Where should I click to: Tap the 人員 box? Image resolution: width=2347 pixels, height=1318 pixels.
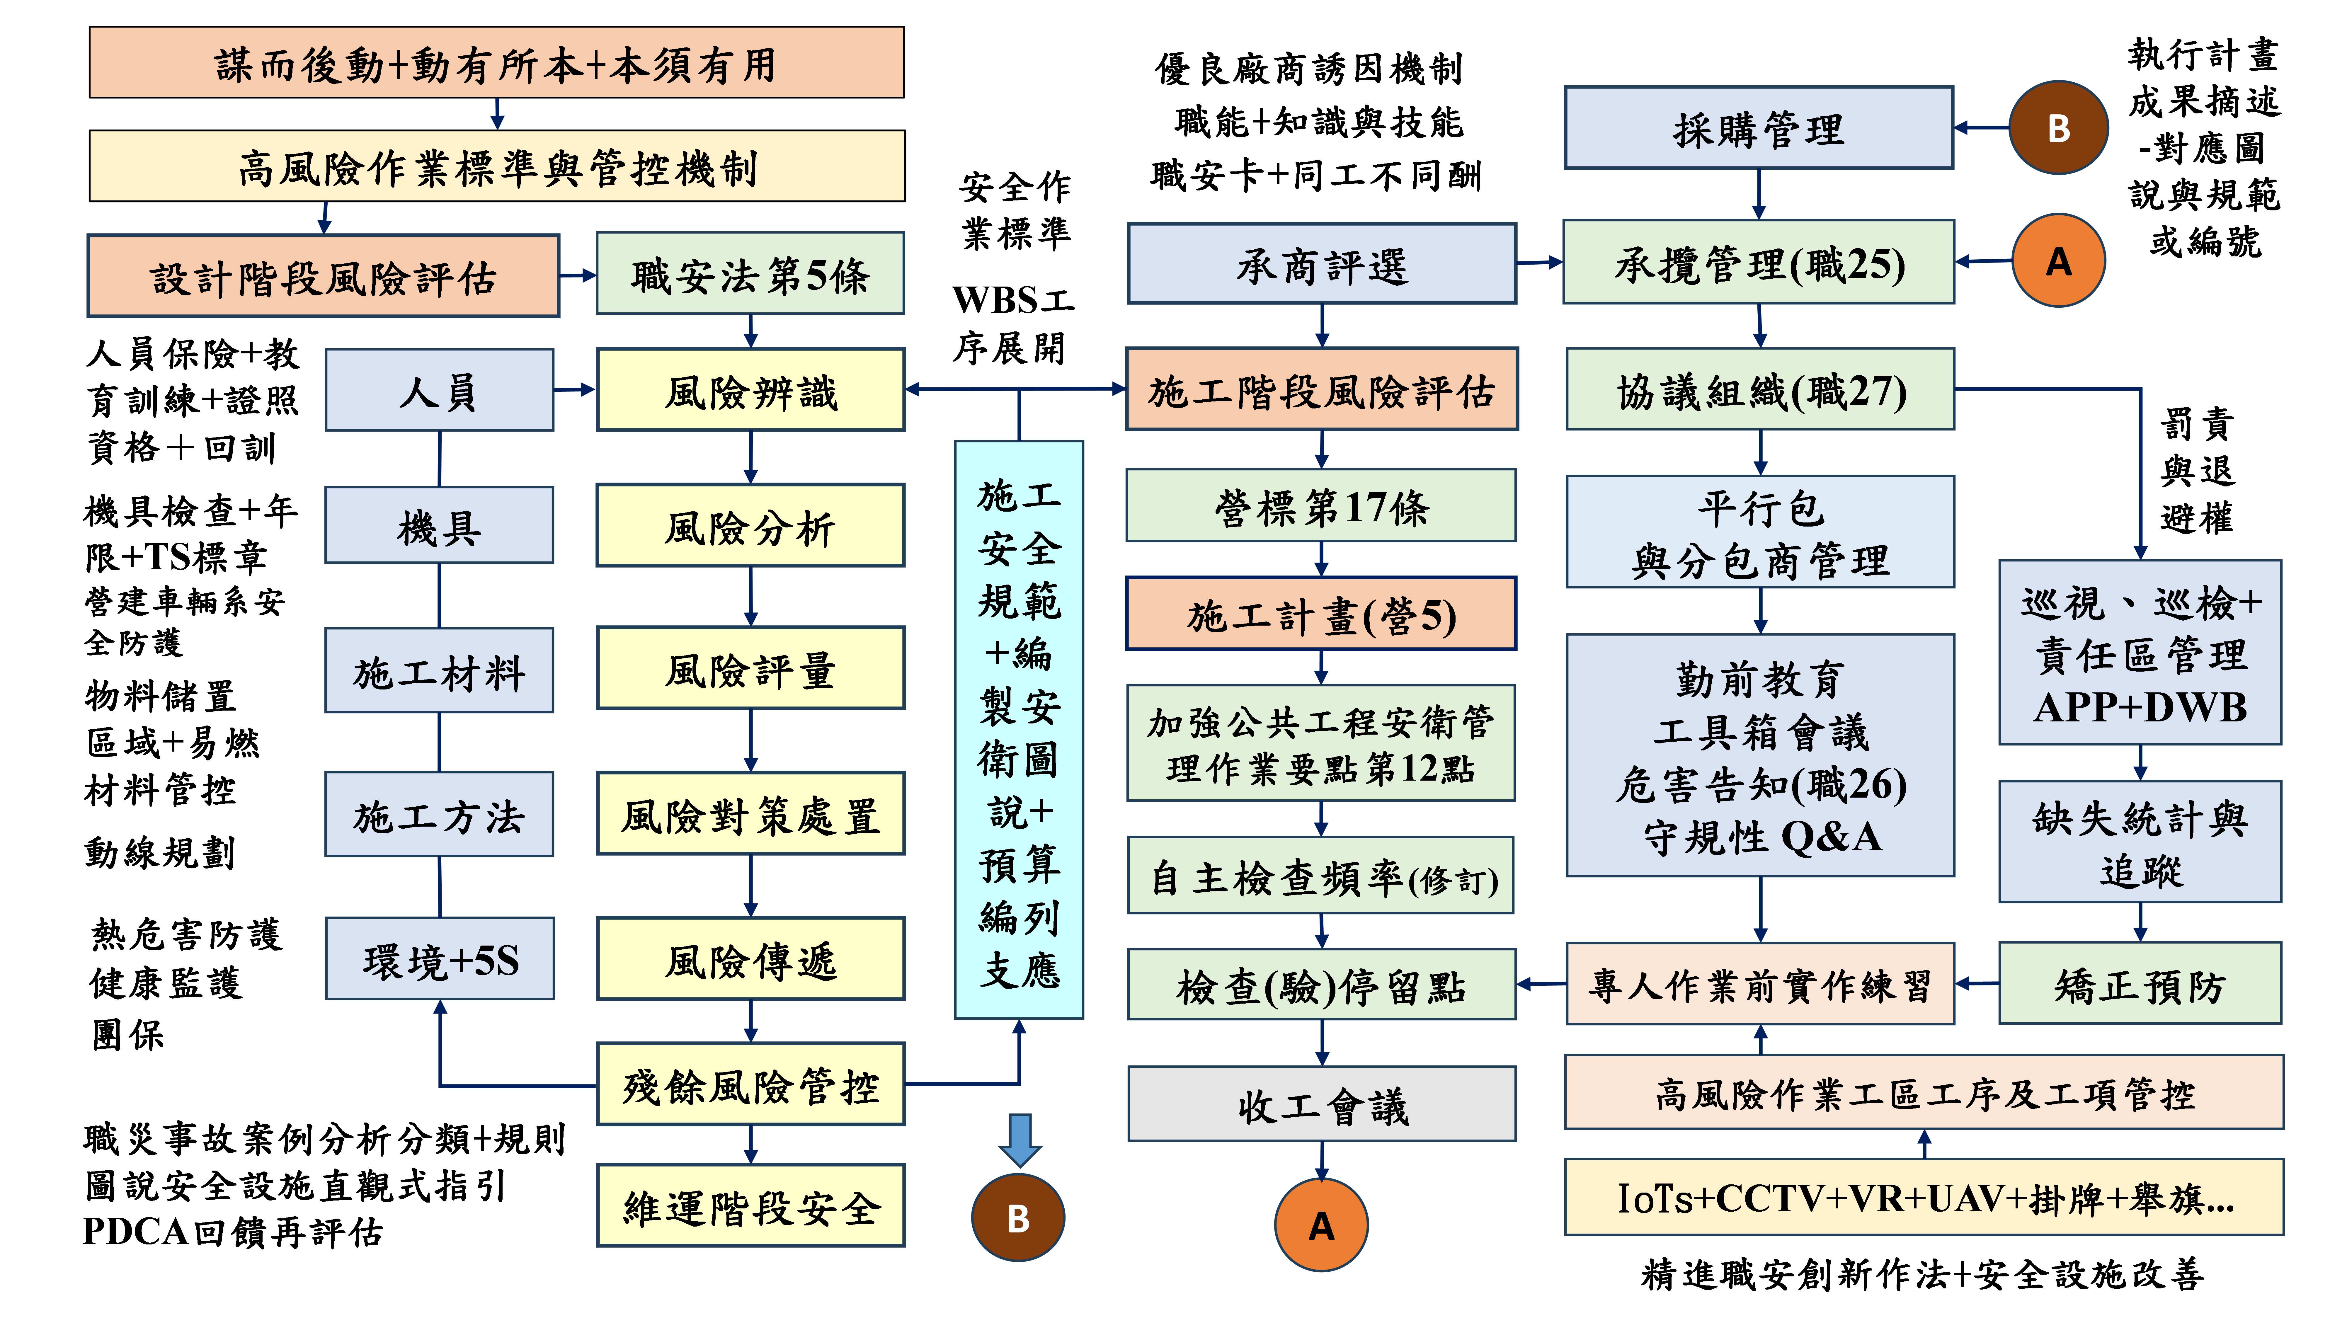coord(439,390)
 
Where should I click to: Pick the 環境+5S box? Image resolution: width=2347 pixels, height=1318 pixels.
coord(439,959)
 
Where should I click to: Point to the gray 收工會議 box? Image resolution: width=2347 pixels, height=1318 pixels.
coord(1321,1104)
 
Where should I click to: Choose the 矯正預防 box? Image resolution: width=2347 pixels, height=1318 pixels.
coord(2139,984)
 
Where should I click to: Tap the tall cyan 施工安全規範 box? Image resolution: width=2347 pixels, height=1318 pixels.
coord(1019,729)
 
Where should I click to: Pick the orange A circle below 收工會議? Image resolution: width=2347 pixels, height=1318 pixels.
coord(1321,1225)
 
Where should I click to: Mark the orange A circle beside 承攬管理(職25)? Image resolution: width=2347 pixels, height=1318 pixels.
coord(2058,261)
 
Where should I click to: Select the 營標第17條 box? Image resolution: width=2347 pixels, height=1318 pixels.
coord(1321,506)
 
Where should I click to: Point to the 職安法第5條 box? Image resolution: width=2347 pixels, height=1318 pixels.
coord(750,274)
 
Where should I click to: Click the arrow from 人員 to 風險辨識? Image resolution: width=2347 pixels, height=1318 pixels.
coord(574,390)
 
